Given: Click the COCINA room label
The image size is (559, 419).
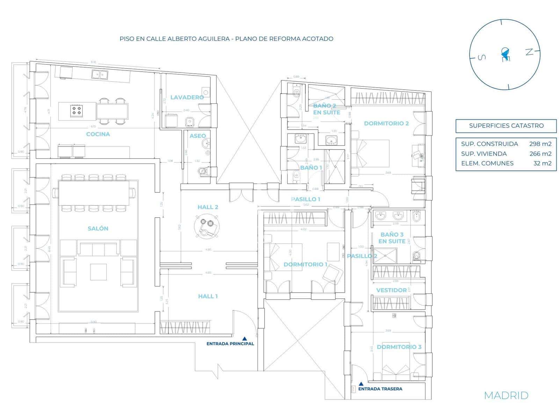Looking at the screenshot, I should tap(98, 134).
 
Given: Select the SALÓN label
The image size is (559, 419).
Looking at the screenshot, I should tap(98, 228).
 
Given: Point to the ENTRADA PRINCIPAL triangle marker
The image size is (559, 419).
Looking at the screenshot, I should tap(245, 338).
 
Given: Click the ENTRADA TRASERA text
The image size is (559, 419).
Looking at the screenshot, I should tap(380, 389).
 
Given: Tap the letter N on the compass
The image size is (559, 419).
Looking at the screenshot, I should tap(530, 52).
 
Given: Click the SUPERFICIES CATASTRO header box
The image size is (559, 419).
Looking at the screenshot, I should tap(506, 126).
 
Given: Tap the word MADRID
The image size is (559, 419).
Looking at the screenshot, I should tap(506, 395).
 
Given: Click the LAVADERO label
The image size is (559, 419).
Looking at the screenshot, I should tap(187, 97).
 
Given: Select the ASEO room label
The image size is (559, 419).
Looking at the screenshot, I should tap(198, 136).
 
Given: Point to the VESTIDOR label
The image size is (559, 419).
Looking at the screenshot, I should tap(391, 290).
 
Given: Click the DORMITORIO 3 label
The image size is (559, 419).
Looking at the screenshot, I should tap(399, 347).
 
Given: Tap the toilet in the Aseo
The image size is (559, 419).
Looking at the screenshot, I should tap(203, 171).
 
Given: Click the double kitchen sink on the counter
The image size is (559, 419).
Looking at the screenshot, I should tap(100, 74).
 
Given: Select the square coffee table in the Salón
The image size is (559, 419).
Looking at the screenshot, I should tap(98, 272).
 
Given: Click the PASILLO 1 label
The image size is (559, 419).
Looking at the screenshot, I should tap(306, 199).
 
